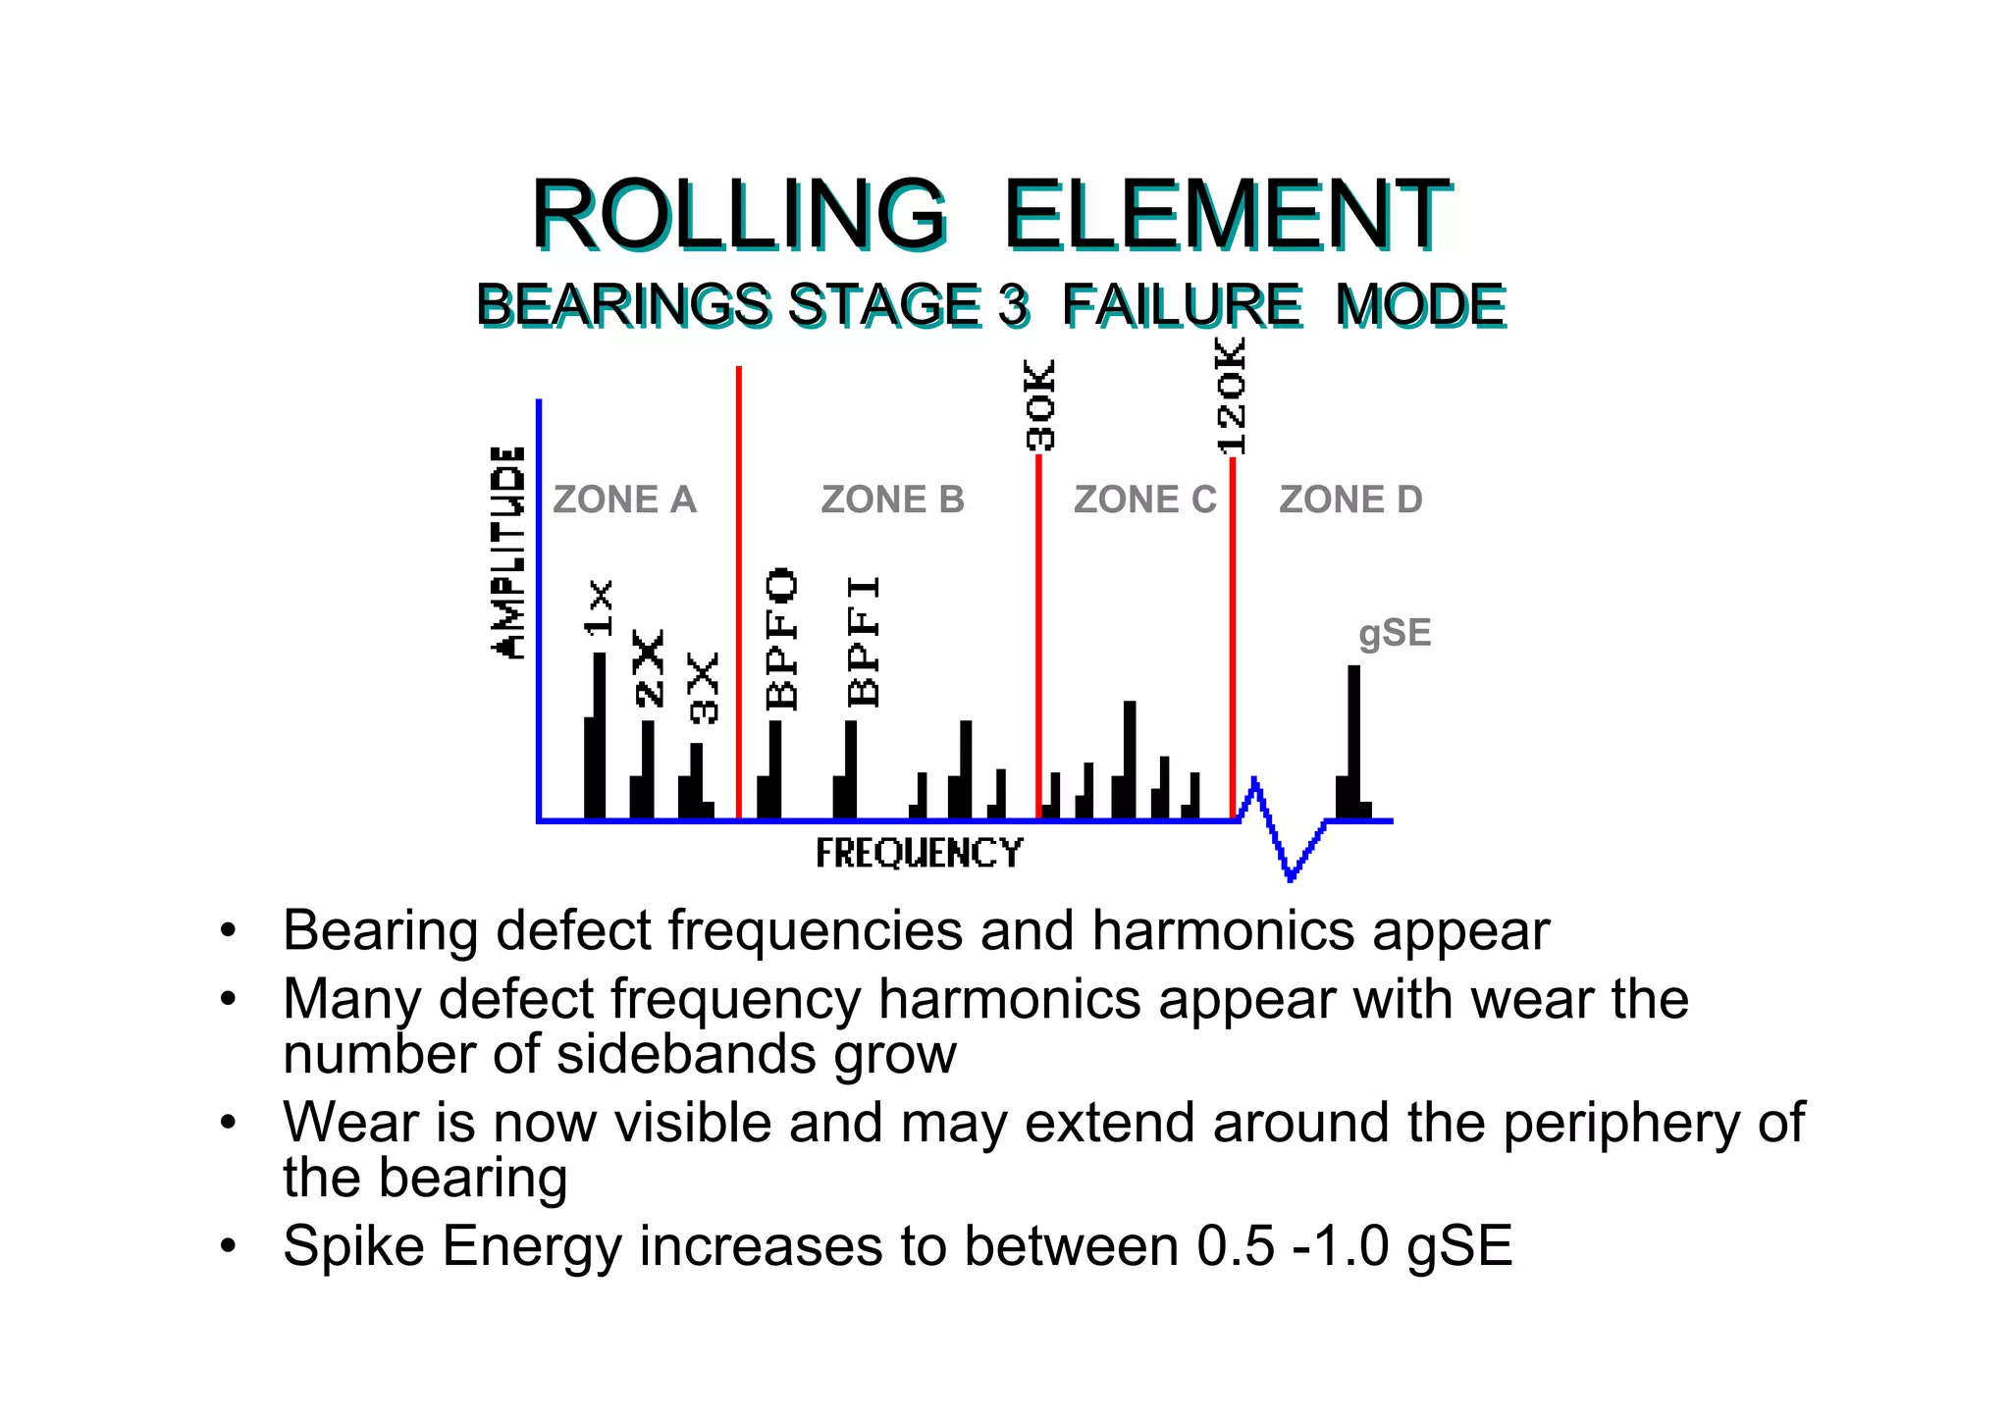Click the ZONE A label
click(x=624, y=500)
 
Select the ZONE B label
click(x=892, y=500)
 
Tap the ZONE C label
click(x=1144, y=500)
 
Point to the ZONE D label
click(x=1350, y=500)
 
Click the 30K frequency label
click(x=1040, y=405)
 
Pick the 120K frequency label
click(x=1231, y=395)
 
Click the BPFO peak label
click(x=782, y=638)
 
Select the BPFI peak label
click(x=864, y=641)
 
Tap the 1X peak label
click(x=599, y=607)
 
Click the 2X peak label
click(x=649, y=668)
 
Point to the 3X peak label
click(x=704, y=688)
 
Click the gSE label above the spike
click(x=1395, y=633)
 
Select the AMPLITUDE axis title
click(x=508, y=552)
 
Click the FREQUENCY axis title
click(x=919, y=853)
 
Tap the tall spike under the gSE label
click(x=1354, y=741)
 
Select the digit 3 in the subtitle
click(x=1014, y=305)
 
